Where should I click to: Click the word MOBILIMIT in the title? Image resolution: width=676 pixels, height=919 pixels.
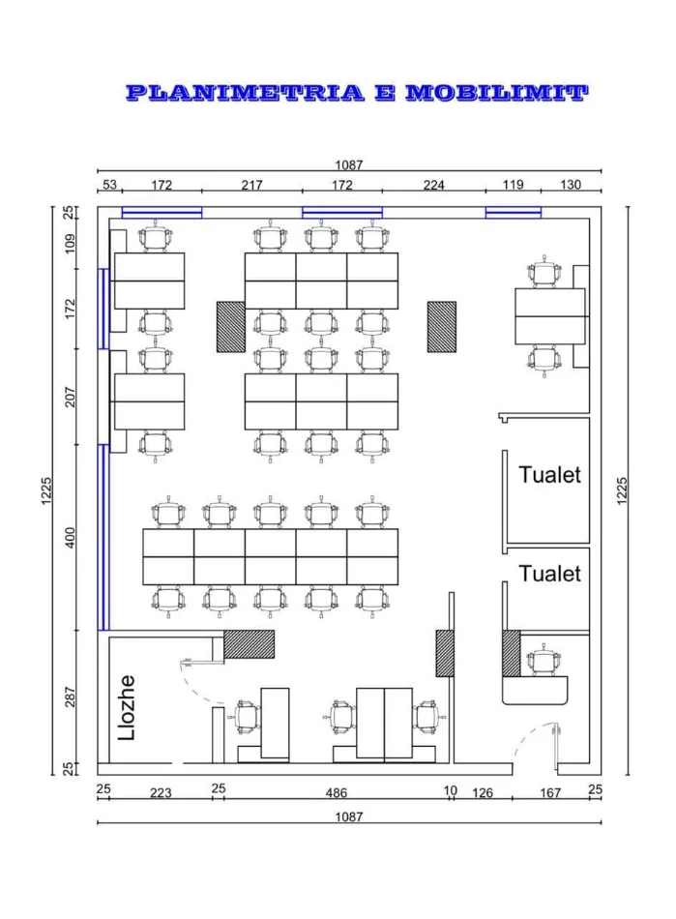tap(497, 93)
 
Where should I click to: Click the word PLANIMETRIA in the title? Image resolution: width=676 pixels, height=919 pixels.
tap(245, 93)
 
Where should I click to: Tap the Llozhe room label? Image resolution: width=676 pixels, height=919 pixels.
tap(127, 708)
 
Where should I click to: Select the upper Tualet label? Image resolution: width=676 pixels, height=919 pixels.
tap(549, 475)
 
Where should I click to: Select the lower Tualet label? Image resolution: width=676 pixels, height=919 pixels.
tap(549, 574)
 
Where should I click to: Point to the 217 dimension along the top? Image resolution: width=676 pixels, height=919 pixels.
tap(251, 185)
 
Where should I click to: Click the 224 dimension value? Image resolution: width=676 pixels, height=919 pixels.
tap(434, 185)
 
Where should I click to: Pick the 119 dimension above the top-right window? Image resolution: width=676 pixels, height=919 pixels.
tap(513, 185)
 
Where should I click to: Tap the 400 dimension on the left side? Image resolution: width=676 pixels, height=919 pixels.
tap(71, 538)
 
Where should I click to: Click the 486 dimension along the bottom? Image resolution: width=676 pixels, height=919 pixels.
tap(337, 793)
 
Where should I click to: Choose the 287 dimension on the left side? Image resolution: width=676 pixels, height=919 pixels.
tap(71, 697)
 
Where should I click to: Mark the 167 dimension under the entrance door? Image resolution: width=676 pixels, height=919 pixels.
tap(550, 793)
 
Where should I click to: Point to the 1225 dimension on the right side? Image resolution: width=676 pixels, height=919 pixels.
tap(622, 490)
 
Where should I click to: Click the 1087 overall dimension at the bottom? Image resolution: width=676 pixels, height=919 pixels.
tap(349, 816)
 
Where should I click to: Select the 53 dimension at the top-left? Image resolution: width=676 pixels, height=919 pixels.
tap(109, 185)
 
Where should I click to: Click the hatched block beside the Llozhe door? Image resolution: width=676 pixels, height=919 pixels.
tap(249, 644)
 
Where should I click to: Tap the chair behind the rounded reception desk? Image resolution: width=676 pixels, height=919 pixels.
tap(544, 661)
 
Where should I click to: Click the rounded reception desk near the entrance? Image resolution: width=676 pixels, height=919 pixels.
tap(535, 691)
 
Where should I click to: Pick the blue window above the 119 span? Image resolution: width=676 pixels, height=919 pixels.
tap(514, 213)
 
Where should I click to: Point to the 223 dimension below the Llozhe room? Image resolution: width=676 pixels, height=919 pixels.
tap(161, 793)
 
